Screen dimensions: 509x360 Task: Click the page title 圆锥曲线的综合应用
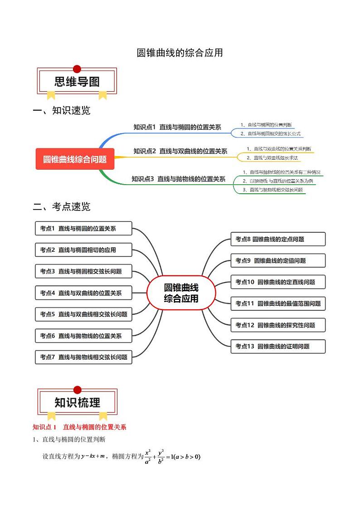click(x=180, y=53)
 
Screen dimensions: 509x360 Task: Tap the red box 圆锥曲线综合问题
click(x=75, y=159)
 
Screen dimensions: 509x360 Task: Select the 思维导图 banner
click(x=77, y=82)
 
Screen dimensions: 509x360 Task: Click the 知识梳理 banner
click(x=77, y=402)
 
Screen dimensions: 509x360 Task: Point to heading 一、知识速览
click(x=62, y=110)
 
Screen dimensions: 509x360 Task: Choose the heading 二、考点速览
click(x=62, y=206)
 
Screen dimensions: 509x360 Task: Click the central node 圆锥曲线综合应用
click(x=181, y=293)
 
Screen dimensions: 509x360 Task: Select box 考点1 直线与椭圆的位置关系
click(x=83, y=229)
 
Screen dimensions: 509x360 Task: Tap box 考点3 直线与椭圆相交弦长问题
click(x=83, y=271)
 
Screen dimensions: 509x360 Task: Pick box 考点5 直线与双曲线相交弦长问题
click(x=83, y=314)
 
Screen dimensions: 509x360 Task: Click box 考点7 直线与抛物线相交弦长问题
click(x=83, y=357)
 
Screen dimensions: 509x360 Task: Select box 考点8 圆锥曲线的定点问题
click(x=278, y=239)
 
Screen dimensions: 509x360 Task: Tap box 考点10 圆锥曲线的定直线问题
click(x=278, y=282)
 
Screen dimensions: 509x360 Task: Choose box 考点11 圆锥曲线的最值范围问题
click(x=278, y=303)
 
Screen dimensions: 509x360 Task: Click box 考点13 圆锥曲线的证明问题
click(x=278, y=346)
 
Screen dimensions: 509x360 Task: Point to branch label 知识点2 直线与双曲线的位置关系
click(x=180, y=151)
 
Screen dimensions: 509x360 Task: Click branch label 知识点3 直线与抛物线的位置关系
click(x=178, y=179)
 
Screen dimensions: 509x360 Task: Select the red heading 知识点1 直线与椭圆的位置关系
click(x=79, y=427)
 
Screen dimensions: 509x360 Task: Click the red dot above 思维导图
click(x=77, y=69)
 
